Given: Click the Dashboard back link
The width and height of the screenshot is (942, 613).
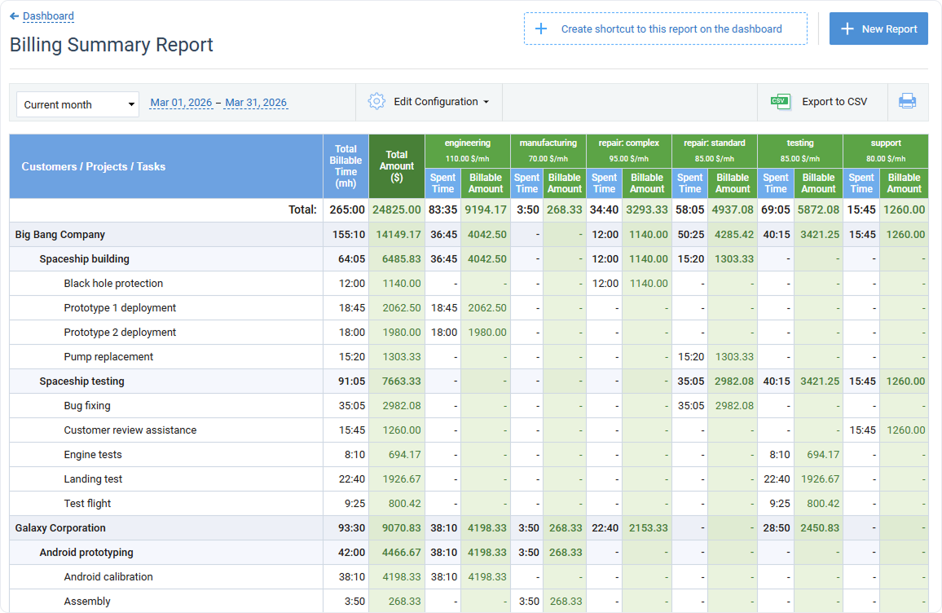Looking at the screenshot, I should (47, 16).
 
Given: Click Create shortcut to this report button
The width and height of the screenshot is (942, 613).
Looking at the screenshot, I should (665, 29).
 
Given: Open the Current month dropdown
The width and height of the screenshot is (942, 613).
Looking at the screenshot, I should (77, 104).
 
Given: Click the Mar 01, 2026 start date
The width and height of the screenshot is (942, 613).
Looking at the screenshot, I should (181, 103).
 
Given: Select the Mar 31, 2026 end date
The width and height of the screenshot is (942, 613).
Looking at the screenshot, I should (256, 103).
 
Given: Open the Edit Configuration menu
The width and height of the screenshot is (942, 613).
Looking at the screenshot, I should (429, 102).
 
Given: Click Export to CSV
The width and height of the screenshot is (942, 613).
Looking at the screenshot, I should (820, 102).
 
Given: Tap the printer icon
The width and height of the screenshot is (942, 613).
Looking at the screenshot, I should (907, 102).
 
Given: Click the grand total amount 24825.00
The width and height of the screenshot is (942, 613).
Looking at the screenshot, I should (397, 209).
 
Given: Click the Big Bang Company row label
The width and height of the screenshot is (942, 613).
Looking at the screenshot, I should (60, 235).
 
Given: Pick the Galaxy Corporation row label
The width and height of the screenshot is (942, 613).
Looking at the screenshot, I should (60, 528).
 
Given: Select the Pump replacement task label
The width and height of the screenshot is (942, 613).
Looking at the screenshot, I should (108, 357).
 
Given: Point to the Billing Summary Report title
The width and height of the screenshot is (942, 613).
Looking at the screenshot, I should (112, 45).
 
